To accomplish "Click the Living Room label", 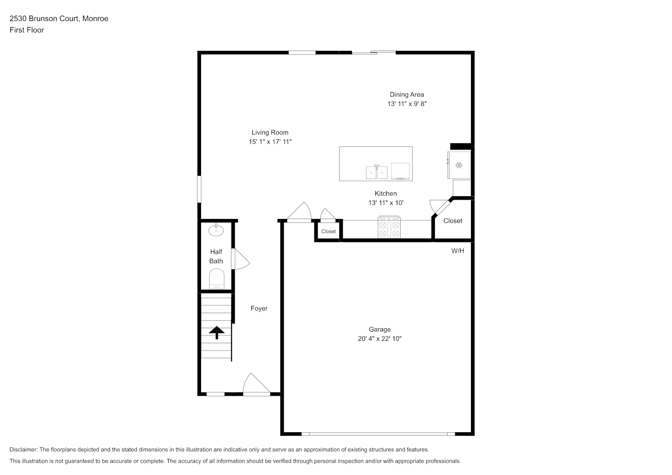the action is (269, 132).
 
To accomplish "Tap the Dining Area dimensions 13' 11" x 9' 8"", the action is (407, 104).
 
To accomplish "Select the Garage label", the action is (380, 329).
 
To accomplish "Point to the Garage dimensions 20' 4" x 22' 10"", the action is (380, 339).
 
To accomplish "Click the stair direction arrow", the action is (217, 332).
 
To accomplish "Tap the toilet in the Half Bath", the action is (216, 279).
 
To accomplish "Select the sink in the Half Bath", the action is (216, 230).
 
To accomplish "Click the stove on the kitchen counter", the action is (389, 227).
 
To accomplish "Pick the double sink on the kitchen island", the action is (376, 172).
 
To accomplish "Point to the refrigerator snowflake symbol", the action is (459, 165).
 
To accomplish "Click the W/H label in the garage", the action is (458, 251).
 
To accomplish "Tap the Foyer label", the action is (259, 308).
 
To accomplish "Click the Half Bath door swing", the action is (241, 259).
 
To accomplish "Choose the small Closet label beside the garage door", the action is (328, 231).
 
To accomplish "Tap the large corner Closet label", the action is (453, 221).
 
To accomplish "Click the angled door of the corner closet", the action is (441, 207).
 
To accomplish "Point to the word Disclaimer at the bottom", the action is (24, 449).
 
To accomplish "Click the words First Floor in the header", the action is (27, 30).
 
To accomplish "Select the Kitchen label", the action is (385, 193).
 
